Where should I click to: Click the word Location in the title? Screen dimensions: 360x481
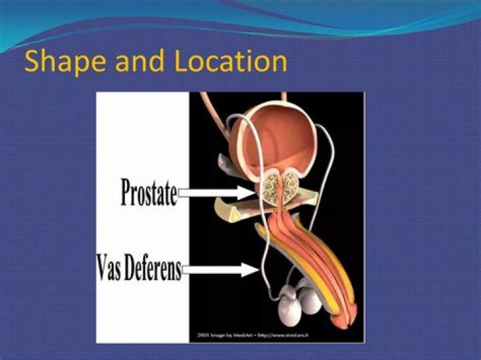click(x=230, y=61)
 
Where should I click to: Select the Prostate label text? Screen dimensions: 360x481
click(x=148, y=192)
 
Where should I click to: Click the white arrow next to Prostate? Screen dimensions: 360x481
click(x=216, y=193)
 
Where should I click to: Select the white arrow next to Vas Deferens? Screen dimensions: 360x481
click(x=220, y=270)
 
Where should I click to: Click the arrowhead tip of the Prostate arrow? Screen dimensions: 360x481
click(x=253, y=193)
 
